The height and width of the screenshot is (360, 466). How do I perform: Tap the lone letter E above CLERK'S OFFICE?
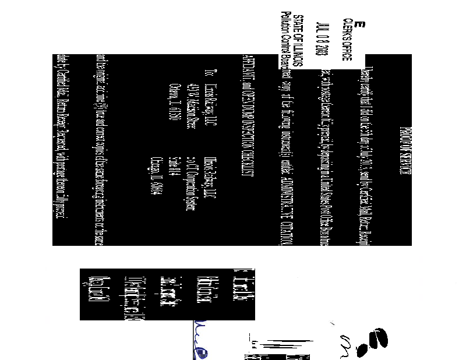[x=359, y=25]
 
